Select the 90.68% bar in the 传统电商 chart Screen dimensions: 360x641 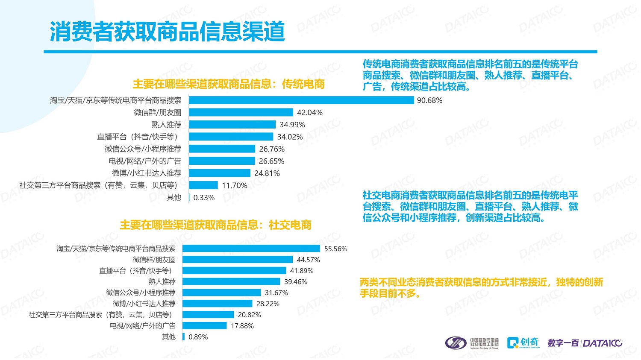[301, 100]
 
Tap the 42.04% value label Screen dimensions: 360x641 [310, 113]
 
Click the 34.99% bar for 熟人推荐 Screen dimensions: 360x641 [232, 125]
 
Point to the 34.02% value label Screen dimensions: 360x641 [290, 137]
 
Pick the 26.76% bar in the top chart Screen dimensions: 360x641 [222, 149]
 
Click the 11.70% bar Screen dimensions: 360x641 [203, 185]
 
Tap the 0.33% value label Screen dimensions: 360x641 [204, 198]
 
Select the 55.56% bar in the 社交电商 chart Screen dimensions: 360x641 [251, 249]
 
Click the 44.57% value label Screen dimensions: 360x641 [308, 260]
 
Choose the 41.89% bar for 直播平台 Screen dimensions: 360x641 [234, 271]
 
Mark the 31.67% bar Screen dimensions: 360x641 [221, 293]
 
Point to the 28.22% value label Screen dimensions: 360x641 [268, 304]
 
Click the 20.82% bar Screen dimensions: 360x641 [208, 315]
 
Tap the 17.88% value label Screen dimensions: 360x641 [242, 326]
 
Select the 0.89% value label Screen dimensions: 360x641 [198, 337]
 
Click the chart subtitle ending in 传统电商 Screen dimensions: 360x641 [229, 84]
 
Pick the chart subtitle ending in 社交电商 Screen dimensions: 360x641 [215, 225]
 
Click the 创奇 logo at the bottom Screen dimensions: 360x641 [523, 342]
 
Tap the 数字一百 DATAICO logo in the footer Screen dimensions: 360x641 [585, 343]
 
